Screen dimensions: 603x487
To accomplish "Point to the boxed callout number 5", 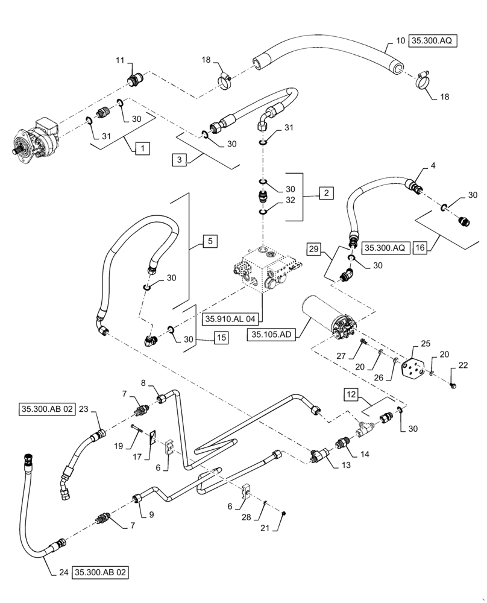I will point(209,242).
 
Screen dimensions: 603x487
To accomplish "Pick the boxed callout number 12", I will point(352,396).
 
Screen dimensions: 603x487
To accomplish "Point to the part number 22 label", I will point(463,365).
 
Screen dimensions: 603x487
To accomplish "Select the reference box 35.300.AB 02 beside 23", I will point(51,408).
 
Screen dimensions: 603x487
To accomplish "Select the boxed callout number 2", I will point(325,194).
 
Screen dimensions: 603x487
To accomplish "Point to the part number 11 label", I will point(119,61).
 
